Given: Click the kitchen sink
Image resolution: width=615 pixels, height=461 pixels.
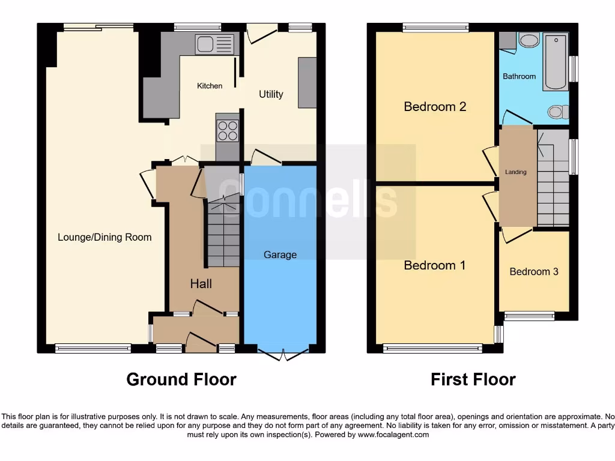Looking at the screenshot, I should (214, 44).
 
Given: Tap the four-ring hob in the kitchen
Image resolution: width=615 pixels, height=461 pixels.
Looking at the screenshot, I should (227, 130).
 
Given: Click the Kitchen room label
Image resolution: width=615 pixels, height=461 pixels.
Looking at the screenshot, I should (210, 86).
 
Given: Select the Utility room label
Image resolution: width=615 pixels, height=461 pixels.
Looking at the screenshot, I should (271, 94).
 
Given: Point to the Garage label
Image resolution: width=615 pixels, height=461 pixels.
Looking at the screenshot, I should (280, 255).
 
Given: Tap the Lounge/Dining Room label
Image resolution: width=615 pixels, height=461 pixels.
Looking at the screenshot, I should (105, 237).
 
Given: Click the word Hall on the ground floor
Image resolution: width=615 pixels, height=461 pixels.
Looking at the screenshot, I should (201, 283).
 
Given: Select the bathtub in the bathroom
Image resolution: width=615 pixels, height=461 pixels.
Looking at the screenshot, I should (556, 62).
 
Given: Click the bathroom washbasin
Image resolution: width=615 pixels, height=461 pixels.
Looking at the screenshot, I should (529, 41).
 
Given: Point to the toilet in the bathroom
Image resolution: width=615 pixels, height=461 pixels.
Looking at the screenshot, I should (559, 111).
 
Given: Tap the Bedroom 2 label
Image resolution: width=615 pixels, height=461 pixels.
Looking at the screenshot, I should (435, 107).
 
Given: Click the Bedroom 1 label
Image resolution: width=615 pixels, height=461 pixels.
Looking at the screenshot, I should (435, 265).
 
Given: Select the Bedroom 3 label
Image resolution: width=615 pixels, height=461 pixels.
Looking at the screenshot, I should (534, 272).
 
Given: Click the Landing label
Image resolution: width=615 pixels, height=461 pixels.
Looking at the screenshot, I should (515, 172).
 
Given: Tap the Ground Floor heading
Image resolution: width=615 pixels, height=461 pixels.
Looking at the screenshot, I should (181, 379).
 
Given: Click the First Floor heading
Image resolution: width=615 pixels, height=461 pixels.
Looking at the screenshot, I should (473, 379).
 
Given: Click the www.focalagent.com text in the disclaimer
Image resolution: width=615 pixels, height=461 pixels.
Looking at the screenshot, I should (393, 435).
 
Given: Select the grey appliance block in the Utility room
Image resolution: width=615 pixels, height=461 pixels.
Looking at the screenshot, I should (307, 82).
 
